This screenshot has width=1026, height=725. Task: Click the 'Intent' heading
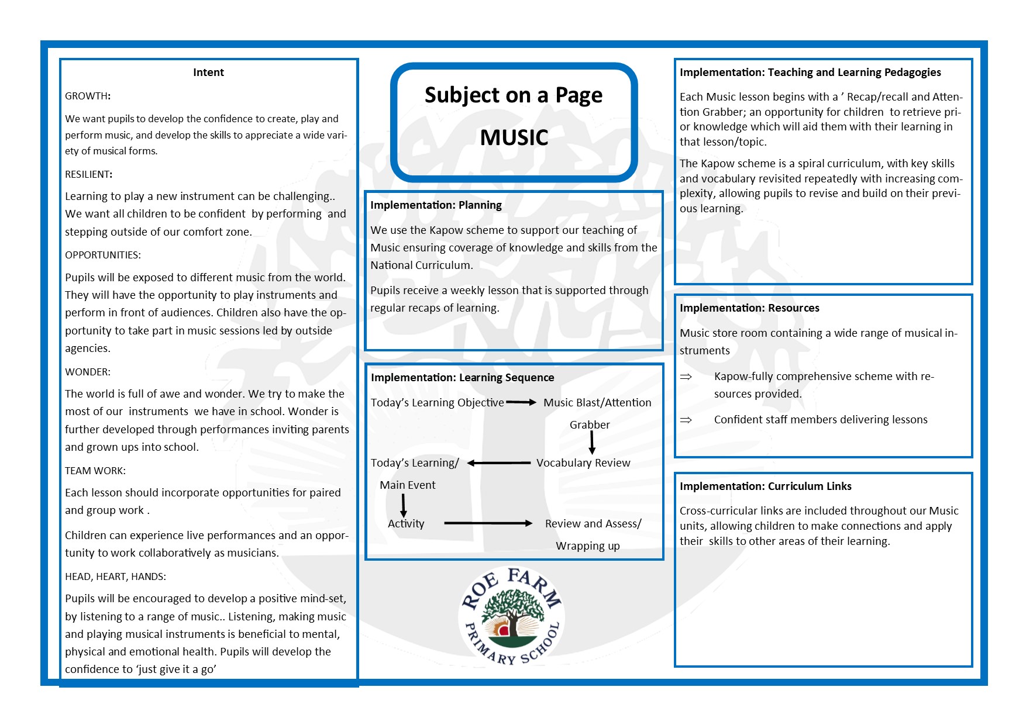point(208,72)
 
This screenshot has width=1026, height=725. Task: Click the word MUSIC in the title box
point(514,137)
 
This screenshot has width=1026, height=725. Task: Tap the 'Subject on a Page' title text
point(513,95)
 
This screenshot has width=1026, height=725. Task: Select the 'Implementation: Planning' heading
point(436,205)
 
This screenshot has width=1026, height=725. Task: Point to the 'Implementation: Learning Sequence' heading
point(462,378)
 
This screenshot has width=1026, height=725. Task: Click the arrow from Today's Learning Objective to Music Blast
point(521,402)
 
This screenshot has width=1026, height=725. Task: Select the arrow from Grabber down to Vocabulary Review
point(592,443)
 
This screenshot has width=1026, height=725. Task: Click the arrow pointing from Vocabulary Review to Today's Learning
point(498,463)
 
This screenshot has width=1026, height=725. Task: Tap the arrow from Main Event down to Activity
point(403,505)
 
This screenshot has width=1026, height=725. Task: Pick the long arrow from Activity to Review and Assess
point(488,523)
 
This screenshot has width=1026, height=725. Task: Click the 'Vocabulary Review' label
point(583,463)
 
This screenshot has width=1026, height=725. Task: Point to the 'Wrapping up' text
point(587,546)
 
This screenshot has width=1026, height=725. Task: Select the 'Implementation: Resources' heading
point(749,308)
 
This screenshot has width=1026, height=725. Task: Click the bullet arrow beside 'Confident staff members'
point(686,420)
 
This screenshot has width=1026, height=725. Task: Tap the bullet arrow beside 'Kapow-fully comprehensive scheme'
point(686,377)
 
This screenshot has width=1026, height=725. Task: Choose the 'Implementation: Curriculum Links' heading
point(765,486)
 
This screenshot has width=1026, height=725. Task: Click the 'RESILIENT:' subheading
point(88,174)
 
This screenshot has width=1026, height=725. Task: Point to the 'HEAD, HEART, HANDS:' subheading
point(115,576)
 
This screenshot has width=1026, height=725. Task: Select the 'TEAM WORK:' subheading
point(95,471)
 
